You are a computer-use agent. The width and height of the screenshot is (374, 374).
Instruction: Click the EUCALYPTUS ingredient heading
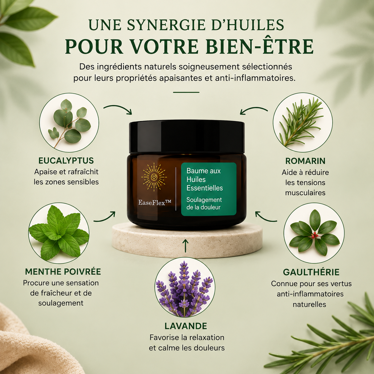point(66,161)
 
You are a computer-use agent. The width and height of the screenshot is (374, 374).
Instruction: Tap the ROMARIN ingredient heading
point(305,161)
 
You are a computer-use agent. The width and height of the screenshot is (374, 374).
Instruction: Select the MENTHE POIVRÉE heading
point(63,271)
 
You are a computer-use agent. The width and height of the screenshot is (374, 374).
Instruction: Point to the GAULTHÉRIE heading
point(311,272)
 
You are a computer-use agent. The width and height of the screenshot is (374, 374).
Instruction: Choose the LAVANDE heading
point(186,326)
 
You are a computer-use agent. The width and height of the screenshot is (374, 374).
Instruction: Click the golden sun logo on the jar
point(154,177)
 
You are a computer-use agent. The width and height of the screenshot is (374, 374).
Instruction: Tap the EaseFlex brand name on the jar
point(155,203)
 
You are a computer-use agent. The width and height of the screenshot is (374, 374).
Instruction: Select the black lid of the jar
point(187,137)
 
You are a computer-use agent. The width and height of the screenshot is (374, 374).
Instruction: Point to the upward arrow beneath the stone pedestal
point(186,246)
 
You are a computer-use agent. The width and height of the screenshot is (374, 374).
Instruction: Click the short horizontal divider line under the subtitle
point(186,92)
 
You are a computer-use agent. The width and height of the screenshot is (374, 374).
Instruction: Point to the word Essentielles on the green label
point(205,188)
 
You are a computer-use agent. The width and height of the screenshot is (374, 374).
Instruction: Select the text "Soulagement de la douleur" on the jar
point(204,203)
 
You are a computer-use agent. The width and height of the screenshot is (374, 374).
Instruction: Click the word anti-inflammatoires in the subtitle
point(255,78)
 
